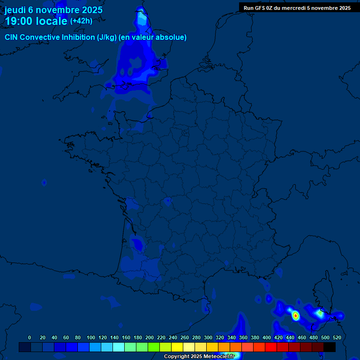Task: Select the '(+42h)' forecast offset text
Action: tap(81, 21)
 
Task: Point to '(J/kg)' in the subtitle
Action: tap(107, 37)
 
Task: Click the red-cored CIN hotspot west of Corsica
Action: tap(296, 316)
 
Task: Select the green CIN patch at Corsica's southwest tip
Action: tap(320, 313)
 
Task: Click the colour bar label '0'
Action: tap(30, 337)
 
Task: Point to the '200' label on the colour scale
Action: tap(150, 337)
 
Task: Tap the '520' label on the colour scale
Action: tap(337, 337)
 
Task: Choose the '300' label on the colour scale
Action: tap(208, 337)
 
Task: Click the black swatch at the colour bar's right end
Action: tap(330, 347)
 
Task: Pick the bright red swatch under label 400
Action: tap(271, 347)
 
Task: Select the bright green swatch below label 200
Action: tap(154, 347)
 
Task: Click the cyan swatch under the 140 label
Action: tap(119, 347)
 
